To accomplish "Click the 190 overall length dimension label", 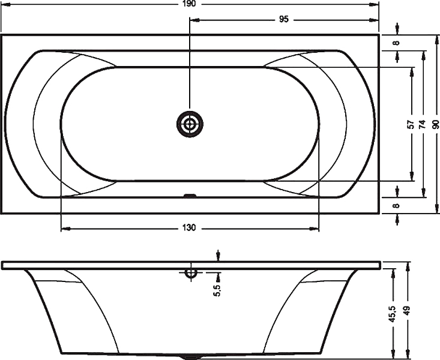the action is coord(190,4).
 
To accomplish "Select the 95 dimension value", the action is coord(284,19).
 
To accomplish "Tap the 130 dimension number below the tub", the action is coord(190,227).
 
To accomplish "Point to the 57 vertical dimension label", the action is coord(411,124).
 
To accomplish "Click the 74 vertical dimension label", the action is coord(423,124).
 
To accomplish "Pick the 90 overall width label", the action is coord(435,124).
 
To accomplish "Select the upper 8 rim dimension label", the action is coord(396,43).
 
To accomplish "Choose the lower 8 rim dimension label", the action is coord(396,206).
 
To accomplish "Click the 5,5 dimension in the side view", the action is coord(217,290).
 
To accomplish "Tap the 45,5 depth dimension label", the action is coord(393,314).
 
